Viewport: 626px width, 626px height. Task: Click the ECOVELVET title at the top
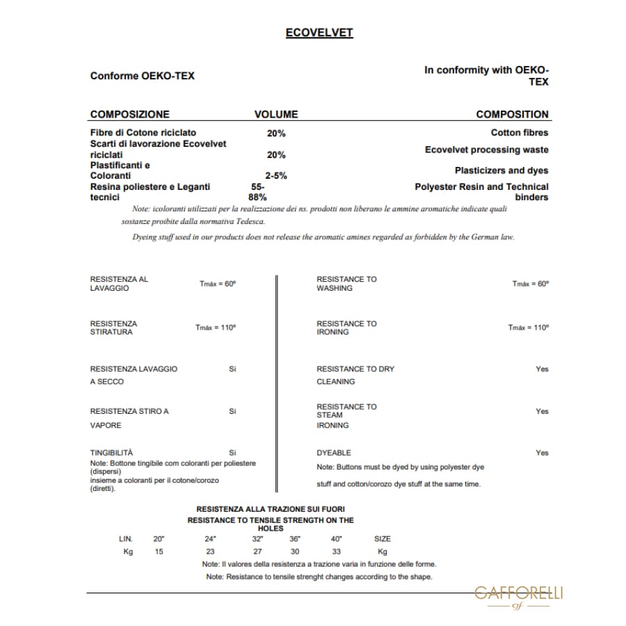(x=319, y=33)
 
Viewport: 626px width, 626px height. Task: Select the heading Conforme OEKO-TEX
(x=142, y=76)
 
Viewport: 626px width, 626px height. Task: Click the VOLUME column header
(x=275, y=114)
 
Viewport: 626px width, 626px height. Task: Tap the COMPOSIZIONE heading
(x=129, y=114)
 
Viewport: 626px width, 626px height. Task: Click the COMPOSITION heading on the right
(x=512, y=114)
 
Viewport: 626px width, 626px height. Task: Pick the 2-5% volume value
(x=275, y=176)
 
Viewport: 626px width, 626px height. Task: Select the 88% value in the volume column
(x=257, y=197)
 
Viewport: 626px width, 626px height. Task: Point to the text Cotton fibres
(x=519, y=132)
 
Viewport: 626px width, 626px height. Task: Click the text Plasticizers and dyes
(x=501, y=170)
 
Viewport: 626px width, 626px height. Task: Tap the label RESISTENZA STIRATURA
(x=113, y=328)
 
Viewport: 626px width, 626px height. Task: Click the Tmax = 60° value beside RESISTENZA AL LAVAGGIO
(x=218, y=284)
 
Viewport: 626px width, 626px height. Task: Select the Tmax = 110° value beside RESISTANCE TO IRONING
(x=528, y=328)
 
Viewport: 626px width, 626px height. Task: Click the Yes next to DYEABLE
(x=542, y=453)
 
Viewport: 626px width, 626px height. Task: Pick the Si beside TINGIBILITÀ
(x=232, y=453)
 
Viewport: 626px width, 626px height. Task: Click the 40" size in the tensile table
(x=337, y=538)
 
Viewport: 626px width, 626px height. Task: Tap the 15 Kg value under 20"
(x=159, y=551)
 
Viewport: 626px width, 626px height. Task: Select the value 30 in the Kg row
(x=295, y=551)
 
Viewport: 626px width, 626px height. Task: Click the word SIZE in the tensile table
(x=383, y=538)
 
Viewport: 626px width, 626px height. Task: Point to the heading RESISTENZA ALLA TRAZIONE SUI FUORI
(x=271, y=510)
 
